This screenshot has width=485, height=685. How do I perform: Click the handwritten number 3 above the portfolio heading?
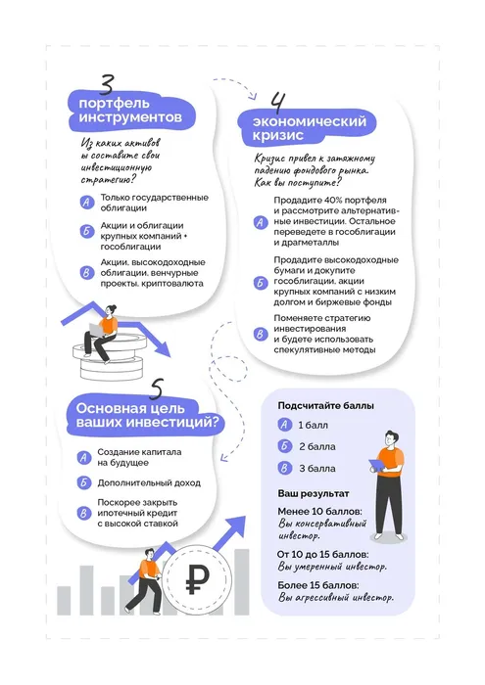pos(106,86)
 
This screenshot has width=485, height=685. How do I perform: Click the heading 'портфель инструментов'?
pos(129,110)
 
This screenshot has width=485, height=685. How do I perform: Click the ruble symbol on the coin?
pos(195,584)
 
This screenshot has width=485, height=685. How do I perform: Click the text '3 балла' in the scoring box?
pos(315,468)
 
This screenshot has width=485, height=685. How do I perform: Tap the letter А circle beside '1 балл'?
pos(283,425)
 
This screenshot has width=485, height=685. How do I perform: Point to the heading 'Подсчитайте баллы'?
pos(325,405)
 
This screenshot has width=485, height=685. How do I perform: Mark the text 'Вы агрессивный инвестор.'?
pos(336,596)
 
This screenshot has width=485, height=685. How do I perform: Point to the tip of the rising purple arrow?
pos(242,522)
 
